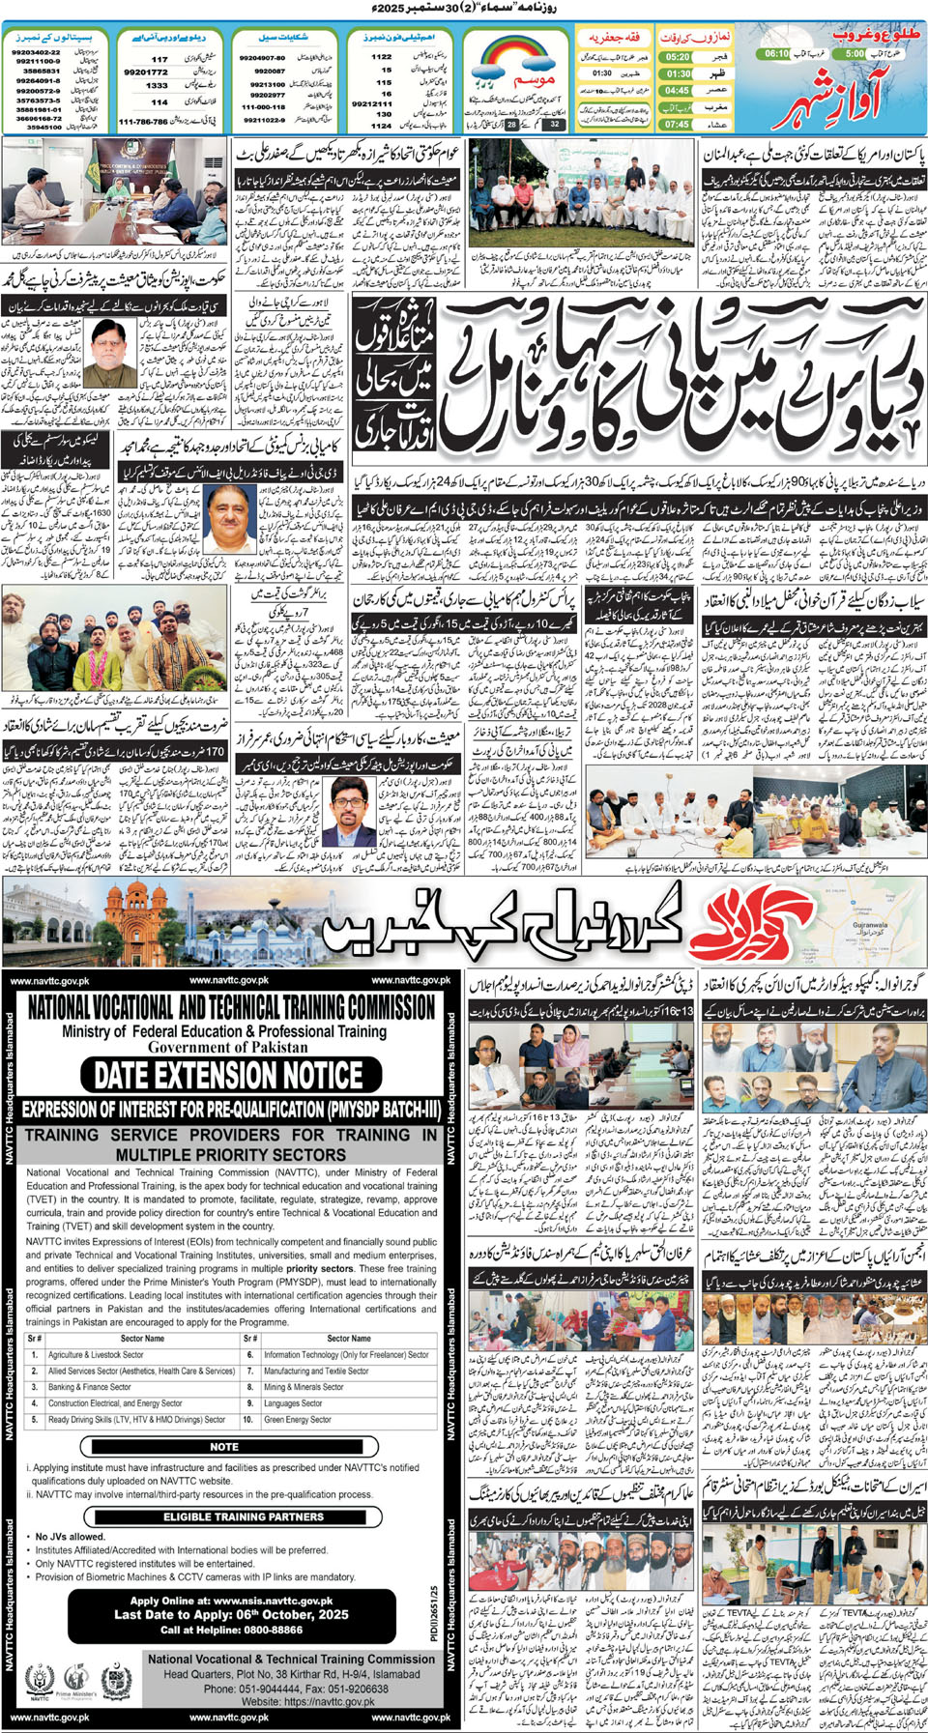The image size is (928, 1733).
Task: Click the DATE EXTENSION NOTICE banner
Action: click(x=228, y=1076)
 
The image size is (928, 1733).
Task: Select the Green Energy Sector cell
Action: click(x=298, y=1420)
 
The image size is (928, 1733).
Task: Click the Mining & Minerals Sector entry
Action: click(x=304, y=1387)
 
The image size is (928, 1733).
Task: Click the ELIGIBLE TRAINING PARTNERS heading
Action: click(x=230, y=1516)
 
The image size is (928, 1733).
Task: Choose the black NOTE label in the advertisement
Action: click(x=224, y=1447)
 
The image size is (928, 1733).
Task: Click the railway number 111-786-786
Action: click(x=143, y=122)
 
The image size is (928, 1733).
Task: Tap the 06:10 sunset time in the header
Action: click(x=777, y=54)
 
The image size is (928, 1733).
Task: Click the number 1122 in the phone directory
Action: click(x=382, y=56)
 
